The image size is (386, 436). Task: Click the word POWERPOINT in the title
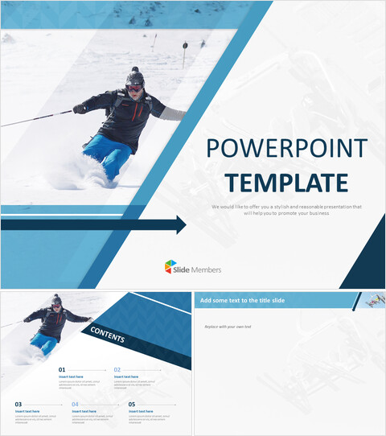pos(286,149)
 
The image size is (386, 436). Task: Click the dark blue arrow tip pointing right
pos(180,225)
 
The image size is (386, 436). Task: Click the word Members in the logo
pos(207,269)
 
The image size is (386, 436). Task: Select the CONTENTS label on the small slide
pos(107,334)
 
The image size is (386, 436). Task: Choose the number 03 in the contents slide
pos(18,404)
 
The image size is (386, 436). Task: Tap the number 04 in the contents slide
pos(76,404)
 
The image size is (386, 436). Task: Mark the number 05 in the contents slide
pos(132,404)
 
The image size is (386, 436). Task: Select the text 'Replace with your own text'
pos(227,327)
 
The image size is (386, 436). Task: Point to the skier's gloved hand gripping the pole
pos(79,109)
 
